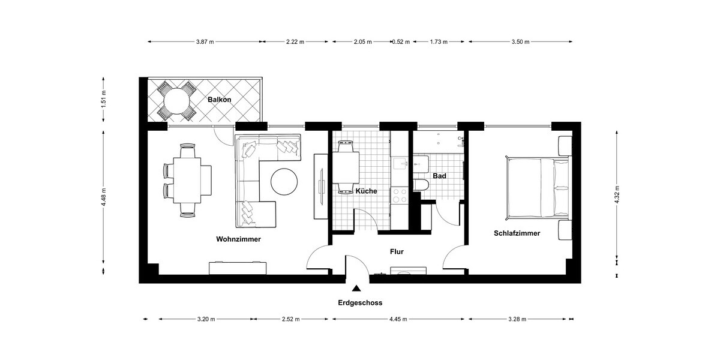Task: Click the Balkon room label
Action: point(220,100)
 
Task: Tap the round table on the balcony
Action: point(176,101)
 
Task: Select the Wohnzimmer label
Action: point(238,239)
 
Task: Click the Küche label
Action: point(366,191)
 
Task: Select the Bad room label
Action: point(439,176)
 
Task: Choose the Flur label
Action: point(397,252)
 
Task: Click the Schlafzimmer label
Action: point(517,233)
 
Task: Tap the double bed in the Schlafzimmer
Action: point(538,187)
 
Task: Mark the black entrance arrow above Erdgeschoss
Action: point(357,289)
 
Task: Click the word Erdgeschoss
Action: point(359,303)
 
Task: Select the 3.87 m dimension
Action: point(205,42)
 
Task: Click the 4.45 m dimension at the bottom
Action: point(399,319)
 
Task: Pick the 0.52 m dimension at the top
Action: point(400,42)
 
